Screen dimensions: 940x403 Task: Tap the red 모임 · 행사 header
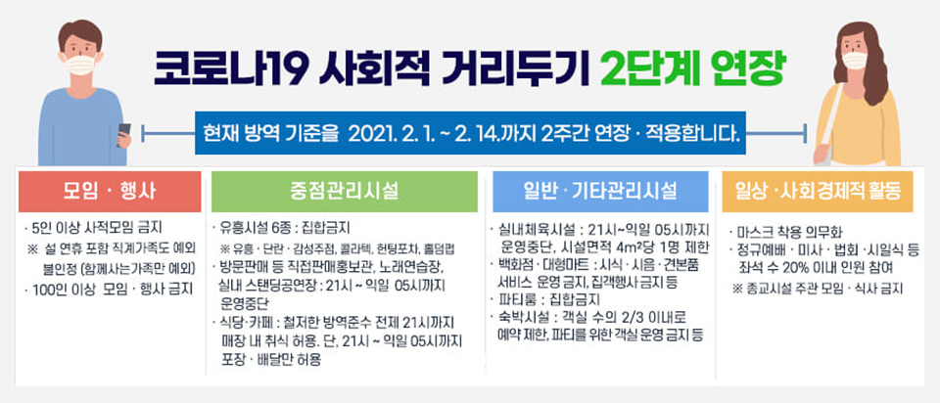point(110,191)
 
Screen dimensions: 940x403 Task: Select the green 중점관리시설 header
point(344,191)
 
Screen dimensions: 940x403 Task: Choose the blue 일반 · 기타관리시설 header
point(600,191)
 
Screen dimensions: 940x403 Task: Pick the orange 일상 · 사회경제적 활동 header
point(818,191)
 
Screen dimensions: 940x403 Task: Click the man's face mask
point(80,65)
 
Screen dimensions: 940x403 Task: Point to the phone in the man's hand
point(123,133)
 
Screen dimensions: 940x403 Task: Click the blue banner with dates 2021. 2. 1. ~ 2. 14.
point(471,133)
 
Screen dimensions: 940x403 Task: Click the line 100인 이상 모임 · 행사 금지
point(109,290)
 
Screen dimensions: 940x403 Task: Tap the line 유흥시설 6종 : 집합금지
point(281,228)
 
